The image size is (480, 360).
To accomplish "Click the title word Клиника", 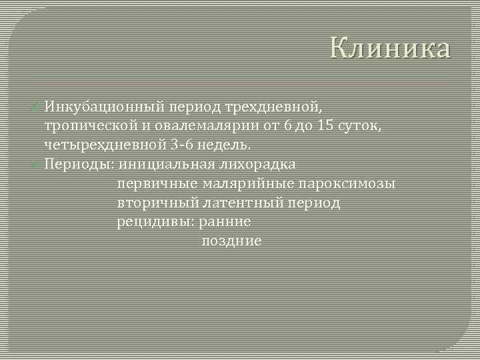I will coord(390,49).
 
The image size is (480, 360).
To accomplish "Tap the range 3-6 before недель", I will coord(181,145).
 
